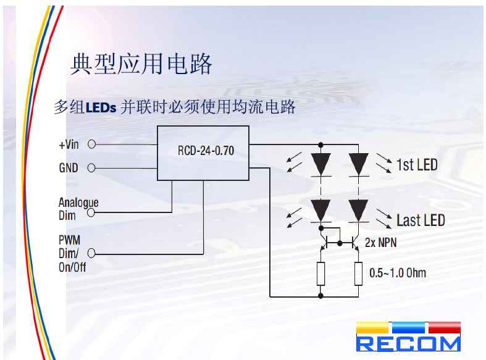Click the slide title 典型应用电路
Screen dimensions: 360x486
coord(141,64)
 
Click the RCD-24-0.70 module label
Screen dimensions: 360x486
coord(206,149)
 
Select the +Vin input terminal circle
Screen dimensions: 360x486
coord(91,144)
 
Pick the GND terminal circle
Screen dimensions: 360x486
coord(91,167)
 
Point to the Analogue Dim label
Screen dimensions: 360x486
coord(78,209)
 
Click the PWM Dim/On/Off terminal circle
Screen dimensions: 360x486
coord(91,253)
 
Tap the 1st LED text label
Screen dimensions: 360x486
coord(417,164)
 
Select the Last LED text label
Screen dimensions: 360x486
coord(420,220)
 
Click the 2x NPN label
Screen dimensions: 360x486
coord(380,243)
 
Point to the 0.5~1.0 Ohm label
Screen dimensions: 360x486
coord(397,272)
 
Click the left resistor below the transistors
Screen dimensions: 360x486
coord(321,273)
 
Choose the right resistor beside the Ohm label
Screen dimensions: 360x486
coord(358,273)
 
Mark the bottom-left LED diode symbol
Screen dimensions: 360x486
coord(321,210)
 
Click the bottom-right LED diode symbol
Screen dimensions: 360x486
coord(358,210)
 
